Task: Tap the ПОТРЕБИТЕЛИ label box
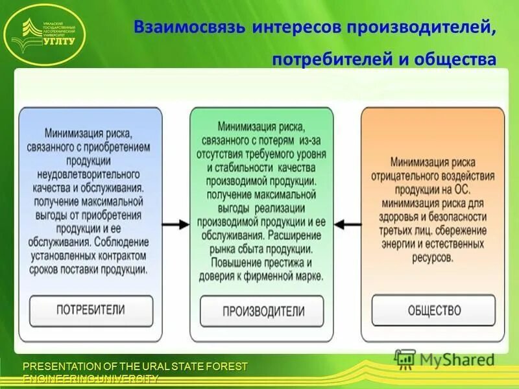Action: [91, 309]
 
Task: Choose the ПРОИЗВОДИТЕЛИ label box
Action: [263, 311]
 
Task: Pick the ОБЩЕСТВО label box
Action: [434, 310]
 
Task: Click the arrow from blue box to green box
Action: [175, 224]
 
